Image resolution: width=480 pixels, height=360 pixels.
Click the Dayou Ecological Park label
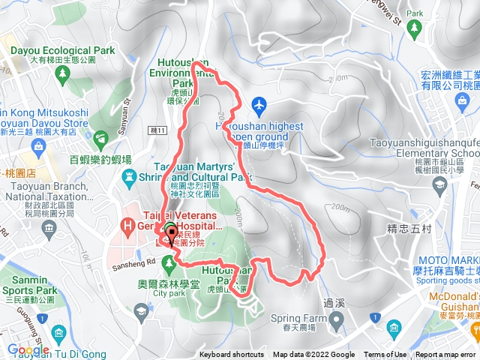63,51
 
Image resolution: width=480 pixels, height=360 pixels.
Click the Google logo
28,349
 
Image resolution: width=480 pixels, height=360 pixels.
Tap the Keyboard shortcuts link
231,355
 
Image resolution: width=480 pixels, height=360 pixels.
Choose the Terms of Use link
385,355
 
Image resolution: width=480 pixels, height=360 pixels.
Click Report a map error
445,355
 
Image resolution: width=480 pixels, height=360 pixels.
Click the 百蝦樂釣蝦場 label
100,160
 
